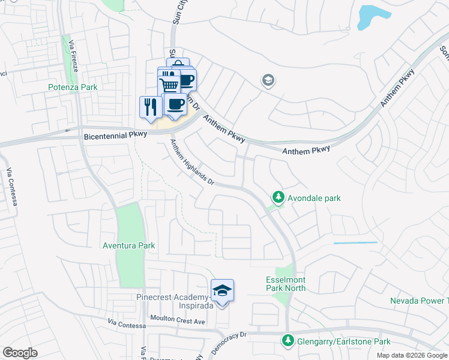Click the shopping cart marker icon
click(169, 85)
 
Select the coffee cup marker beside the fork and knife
click(175, 104)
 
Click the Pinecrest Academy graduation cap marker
click(222, 291)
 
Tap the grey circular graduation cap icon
click(268, 80)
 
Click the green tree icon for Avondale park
click(278, 197)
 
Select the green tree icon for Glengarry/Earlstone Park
click(288, 341)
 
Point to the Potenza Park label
click(73, 87)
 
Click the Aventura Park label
click(129, 245)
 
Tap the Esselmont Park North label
click(286, 284)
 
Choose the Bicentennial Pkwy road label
click(115, 136)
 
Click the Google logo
click(20, 352)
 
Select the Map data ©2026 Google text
click(412, 355)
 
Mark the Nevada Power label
click(419, 301)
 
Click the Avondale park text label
click(314, 197)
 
